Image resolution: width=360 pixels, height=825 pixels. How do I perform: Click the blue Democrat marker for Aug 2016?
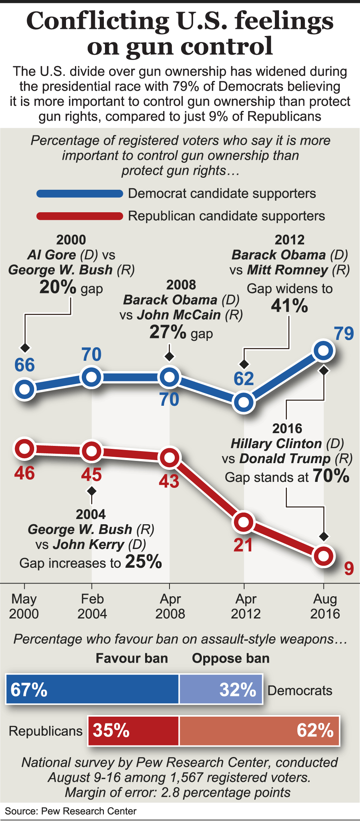pyautogui.click(x=324, y=351)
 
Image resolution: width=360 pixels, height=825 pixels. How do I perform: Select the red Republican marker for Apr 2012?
pyautogui.click(x=244, y=522)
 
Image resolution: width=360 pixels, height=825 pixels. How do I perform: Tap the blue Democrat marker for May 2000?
pyautogui.click(x=25, y=389)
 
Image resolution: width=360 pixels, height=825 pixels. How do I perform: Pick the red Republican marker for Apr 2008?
pyautogui.click(x=169, y=457)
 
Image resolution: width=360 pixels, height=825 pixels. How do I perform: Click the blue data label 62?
pyautogui.click(x=244, y=379)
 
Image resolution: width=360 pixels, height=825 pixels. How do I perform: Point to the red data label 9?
pyautogui.click(x=349, y=568)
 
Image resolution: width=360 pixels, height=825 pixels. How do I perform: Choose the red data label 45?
pyautogui.click(x=91, y=475)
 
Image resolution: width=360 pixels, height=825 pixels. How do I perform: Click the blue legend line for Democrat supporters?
pyautogui.click(x=80, y=193)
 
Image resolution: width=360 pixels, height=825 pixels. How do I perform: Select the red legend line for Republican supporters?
pyautogui.click(x=80, y=216)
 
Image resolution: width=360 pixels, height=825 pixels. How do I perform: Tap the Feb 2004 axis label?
pyautogui.click(x=92, y=606)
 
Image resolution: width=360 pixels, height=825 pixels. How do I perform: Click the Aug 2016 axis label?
pyautogui.click(x=325, y=606)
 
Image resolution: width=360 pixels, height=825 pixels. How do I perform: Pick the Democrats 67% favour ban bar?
pyautogui.click(x=93, y=689)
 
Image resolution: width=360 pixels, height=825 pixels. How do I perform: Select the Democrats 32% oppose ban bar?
pyautogui.click(x=221, y=689)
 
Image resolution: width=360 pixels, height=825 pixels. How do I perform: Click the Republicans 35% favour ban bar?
pyautogui.click(x=133, y=730)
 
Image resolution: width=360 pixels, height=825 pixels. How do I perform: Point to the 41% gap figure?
pyautogui.click(x=289, y=306)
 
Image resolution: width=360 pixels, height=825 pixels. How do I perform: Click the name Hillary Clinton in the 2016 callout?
pyautogui.click(x=276, y=444)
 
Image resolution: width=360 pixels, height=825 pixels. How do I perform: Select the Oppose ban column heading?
pyautogui.click(x=231, y=658)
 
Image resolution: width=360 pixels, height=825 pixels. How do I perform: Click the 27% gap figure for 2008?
pyautogui.click(x=168, y=332)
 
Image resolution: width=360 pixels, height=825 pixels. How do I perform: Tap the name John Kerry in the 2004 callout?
pyautogui.click(x=88, y=544)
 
